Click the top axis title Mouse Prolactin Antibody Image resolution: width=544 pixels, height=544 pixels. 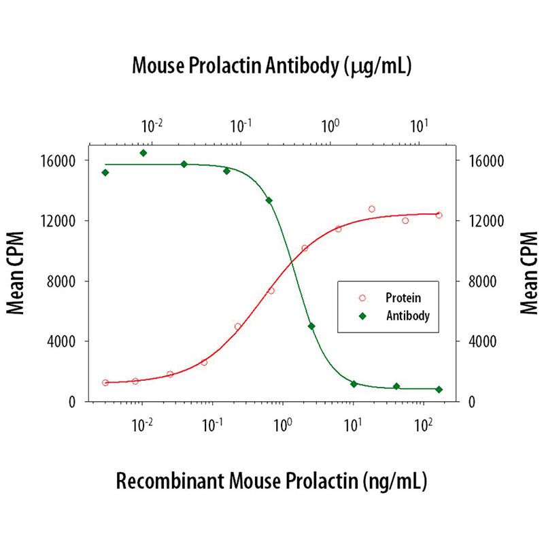point(272,66)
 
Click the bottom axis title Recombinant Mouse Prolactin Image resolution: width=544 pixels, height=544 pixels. point(271,481)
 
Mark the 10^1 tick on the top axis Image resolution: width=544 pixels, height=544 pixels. point(420,125)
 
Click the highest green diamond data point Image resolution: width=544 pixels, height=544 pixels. point(143,153)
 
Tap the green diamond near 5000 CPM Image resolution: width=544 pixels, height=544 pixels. point(311,326)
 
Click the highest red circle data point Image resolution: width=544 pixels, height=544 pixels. point(372,209)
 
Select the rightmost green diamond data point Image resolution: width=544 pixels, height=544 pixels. point(439,390)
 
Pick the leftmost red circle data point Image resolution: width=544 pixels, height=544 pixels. point(105,383)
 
